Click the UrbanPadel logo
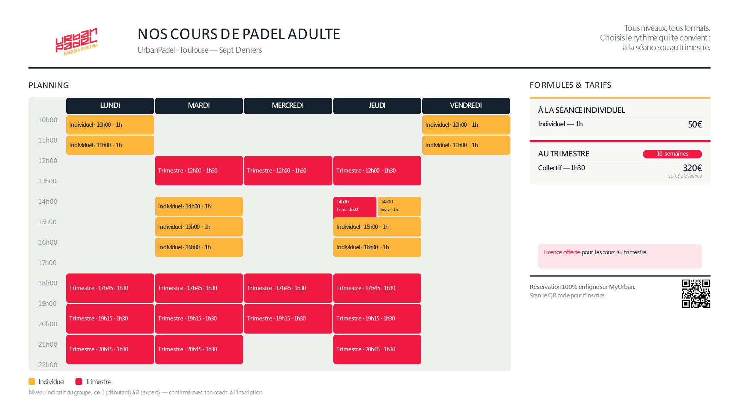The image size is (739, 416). tap(77, 41)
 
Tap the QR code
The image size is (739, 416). tap(696, 294)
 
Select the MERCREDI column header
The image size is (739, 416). tap(288, 106)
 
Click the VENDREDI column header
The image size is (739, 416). tap(466, 106)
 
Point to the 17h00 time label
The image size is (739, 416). tap(47, 263)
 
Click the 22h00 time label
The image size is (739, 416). tap(48, 365)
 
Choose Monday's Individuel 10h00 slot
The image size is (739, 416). tap(110, 125)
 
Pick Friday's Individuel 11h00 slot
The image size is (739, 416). tap(466, 145)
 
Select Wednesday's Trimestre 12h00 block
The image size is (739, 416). tap(288, 171)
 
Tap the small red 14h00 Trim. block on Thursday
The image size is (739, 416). tap(355, 207)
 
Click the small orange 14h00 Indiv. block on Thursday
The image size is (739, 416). tap(399, 206)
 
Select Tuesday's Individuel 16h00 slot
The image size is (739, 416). tap(199, 247)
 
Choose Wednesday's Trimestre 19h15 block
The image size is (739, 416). tap(288, 319)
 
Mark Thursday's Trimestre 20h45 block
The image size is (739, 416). tap(377, 349)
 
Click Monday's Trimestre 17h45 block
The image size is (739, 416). tap(110, 288)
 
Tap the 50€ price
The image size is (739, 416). tap(695, 124)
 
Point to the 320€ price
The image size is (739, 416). tap(692, 168)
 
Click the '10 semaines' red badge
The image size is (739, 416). tap(672, 154)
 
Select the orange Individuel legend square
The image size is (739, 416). tap(32, 382)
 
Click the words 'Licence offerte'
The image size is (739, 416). tap(562, 252)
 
